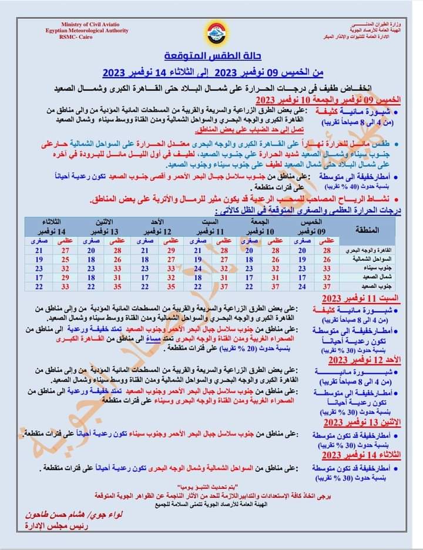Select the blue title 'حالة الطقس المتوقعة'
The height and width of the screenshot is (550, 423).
(212, 58)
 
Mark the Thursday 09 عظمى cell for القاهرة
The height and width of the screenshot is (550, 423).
(327, 250)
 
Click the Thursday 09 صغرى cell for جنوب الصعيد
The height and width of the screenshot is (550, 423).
(301, 286)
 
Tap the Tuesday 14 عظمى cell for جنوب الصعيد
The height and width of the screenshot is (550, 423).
(65, 286)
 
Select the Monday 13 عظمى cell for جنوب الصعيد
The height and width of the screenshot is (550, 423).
(117, 286)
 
